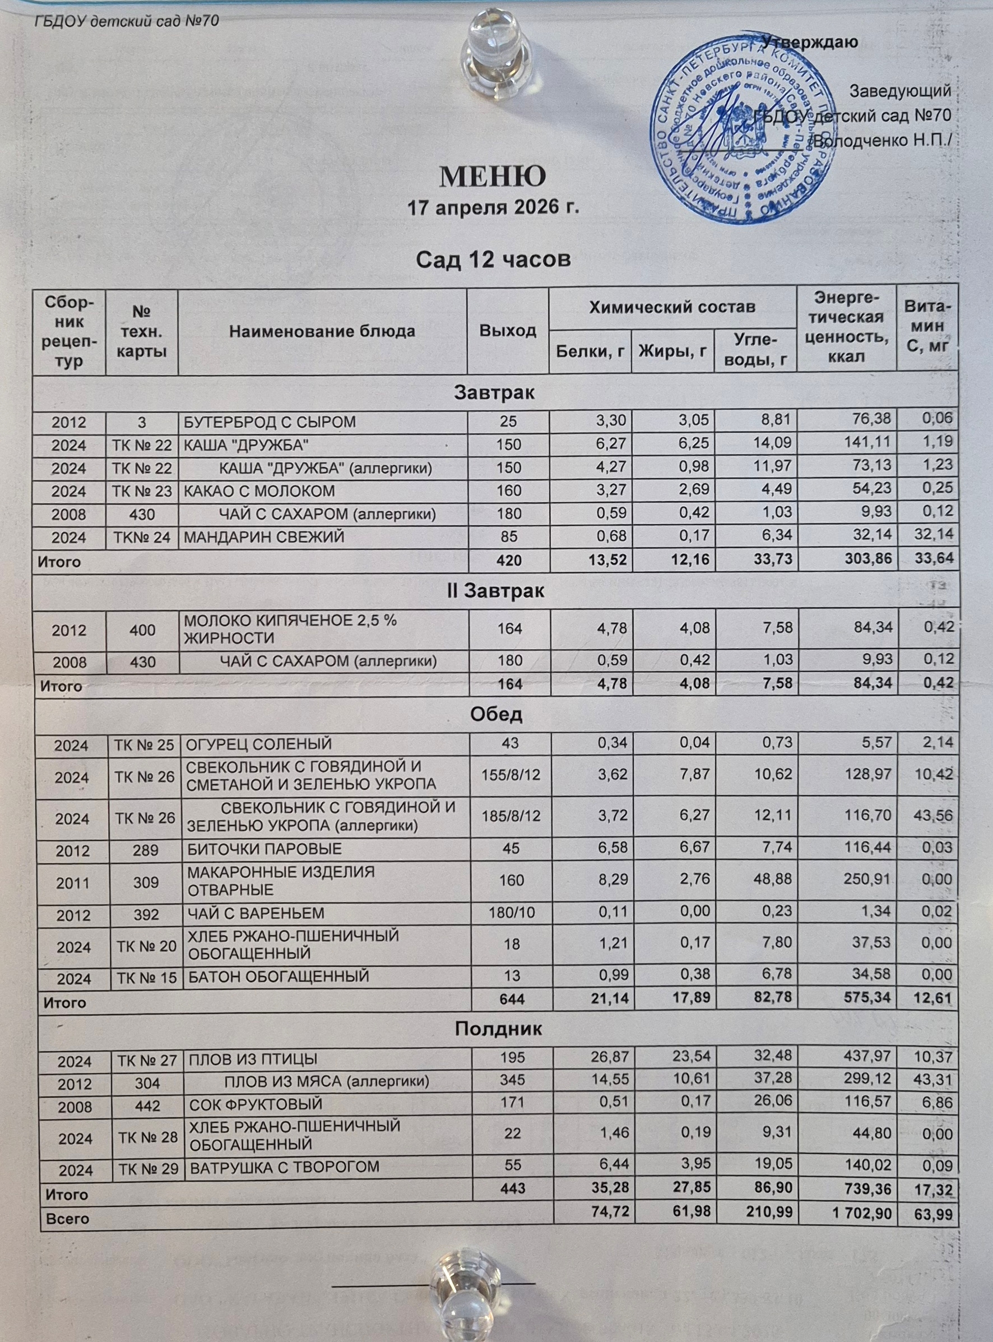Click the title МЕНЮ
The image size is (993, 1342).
tap(493, 176)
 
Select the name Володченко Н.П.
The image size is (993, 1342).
tap(883, 142)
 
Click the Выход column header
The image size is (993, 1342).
tap(507, 331)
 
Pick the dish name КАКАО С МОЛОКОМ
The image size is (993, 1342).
tap(258, 491)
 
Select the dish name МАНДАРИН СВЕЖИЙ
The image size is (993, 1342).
tap(263, 537)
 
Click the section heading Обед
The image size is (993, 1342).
tap(496, 715)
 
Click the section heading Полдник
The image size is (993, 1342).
tap(498, 1028)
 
